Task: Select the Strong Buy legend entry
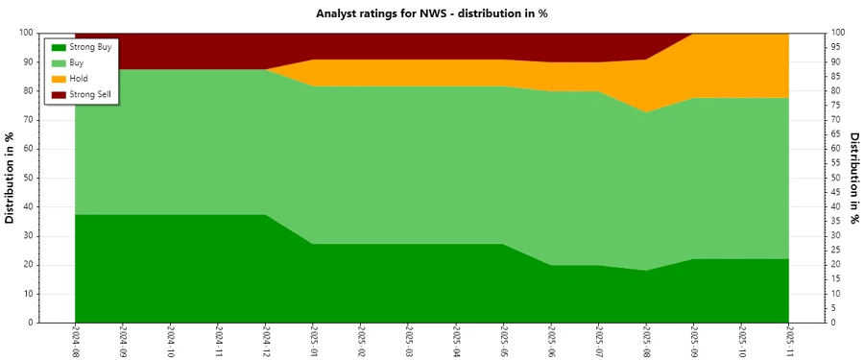point(90,46)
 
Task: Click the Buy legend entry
point(78,62)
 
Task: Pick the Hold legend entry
point(80,79)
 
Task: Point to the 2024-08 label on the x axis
point(76,341)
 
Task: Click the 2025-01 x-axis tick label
point(314,341)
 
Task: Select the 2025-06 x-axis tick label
point(551,341)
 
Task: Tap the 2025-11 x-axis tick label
point(789,341)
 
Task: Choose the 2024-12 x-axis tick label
point(266,341)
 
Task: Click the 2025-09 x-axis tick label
point(694,341)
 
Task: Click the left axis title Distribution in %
point(11,178)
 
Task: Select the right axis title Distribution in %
point(853,178)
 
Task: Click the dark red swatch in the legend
point(59,94)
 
